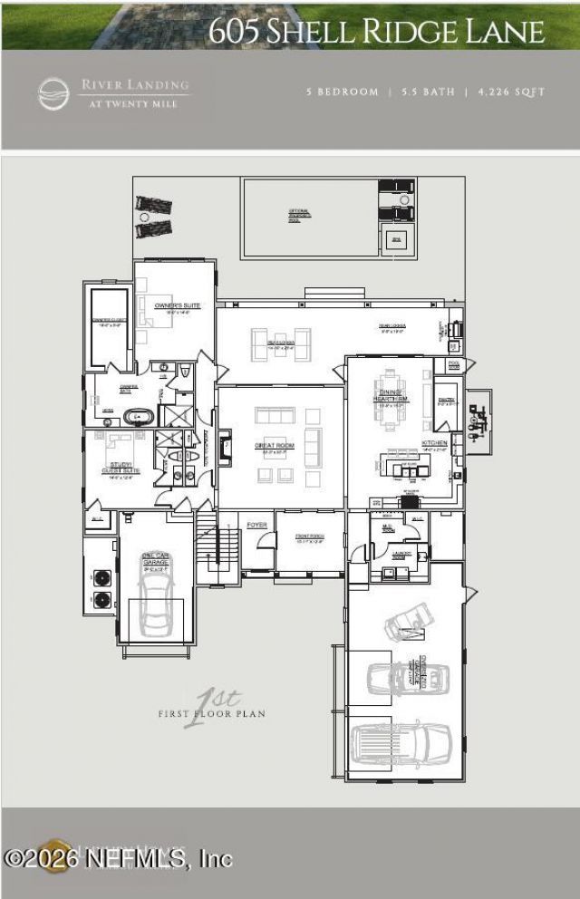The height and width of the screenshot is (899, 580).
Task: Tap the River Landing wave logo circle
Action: click(53, 94)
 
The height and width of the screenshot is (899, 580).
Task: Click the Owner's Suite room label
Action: click(177, 305)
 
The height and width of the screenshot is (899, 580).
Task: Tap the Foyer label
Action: click(256, 525)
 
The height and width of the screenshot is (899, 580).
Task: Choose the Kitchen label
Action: click(434, 443)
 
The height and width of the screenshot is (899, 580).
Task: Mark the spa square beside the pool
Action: click(395, 240)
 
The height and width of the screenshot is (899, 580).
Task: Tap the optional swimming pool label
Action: click(299, 215)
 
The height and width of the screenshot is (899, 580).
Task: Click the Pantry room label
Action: click(445, 400)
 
